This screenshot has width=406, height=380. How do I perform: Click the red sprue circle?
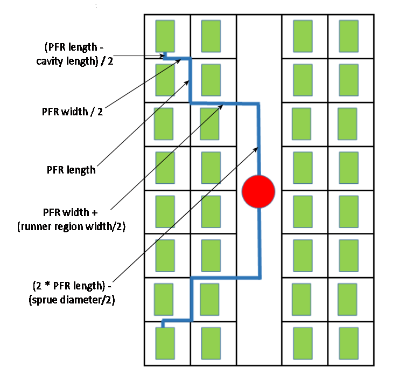click(258, 191)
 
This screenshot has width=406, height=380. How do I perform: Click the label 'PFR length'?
click(71, 170)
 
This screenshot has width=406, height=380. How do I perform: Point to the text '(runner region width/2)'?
click(71, 227)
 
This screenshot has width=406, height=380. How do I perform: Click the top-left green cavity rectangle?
click(165, 36)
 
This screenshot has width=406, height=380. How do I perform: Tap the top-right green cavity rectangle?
click(349, 36)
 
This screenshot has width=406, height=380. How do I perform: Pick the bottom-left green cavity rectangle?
click(165, 342)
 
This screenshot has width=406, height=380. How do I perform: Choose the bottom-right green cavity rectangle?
click(349, 343)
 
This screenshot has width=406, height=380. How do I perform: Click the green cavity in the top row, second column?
click(211, 36)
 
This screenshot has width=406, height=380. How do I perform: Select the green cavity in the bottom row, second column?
click(211, 342)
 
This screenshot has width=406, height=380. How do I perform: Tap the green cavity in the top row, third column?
click(303, 36)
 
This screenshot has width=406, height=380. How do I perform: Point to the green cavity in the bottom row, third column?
click(303, 343)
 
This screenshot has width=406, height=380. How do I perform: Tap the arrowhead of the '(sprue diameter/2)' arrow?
click(256, 147)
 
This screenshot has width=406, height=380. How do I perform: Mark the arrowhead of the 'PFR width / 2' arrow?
click(179, 60)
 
